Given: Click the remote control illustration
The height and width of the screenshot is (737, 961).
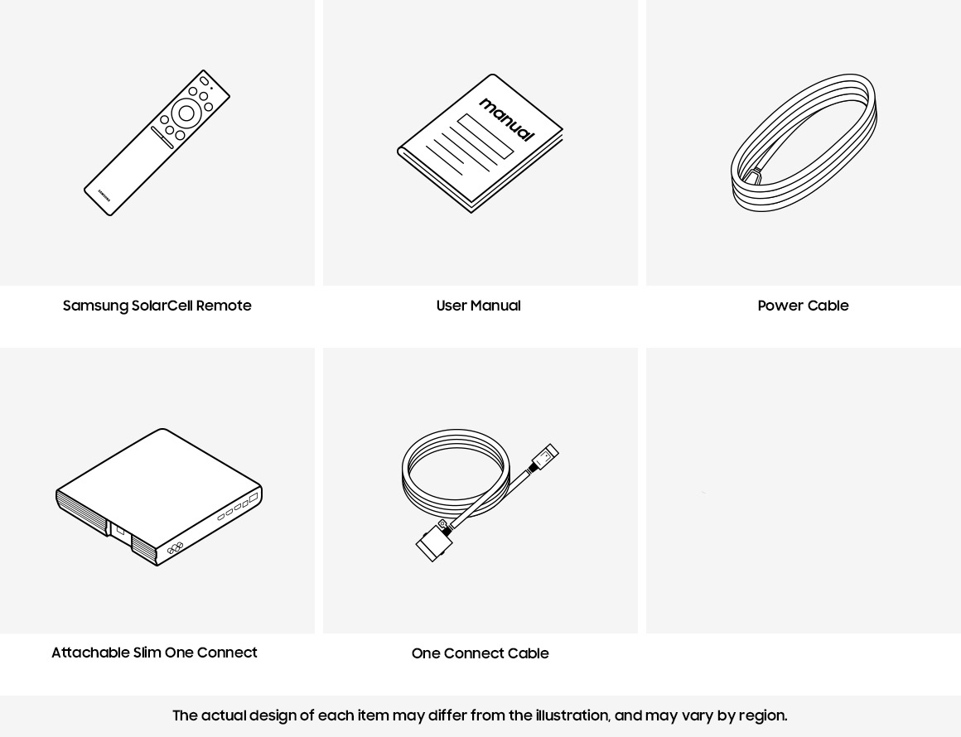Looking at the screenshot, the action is click(157, 142).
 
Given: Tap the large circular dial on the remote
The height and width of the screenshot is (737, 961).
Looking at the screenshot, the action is click(186, 113).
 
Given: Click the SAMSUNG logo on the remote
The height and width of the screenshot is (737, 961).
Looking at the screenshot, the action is click(105, 195).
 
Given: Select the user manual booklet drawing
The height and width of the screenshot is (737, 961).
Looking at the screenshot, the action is click(480, 143).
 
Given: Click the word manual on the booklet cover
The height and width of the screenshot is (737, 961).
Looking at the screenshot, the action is click(507, 119).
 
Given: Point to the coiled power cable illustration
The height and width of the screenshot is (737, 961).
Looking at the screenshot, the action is click(804, 142).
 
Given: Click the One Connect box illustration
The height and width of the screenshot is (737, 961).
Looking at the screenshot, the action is click(159, 497).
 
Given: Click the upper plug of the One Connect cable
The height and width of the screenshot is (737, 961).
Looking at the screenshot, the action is click(544, 457).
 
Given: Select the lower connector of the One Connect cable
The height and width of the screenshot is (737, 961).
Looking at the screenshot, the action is click(434, 542).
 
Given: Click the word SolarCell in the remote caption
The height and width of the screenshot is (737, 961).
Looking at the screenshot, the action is click(162, 305).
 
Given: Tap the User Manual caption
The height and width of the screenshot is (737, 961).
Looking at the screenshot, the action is click(479, 306).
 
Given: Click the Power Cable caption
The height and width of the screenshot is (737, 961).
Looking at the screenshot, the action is click(803, 306).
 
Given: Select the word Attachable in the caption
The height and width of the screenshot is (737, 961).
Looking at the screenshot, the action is click(90, 653).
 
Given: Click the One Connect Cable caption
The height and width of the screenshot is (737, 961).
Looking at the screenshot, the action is click(480, 653).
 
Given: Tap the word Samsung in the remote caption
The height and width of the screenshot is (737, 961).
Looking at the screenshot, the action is click(95, 306).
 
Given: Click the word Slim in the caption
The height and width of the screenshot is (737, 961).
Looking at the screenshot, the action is click(147, 653).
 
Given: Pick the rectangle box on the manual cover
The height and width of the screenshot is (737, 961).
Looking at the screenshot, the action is click(485, 136).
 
